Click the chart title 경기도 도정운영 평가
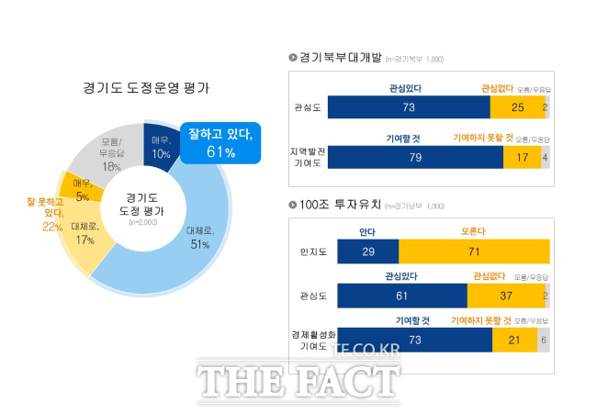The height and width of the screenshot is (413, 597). [x=146, y=89]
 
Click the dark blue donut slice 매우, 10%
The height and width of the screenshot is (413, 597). [x=161, y=146]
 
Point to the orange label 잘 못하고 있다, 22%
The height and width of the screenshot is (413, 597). [x=46, y=213]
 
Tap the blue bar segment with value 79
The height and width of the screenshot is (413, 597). [x=415, y=157]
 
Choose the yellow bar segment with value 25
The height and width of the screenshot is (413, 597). [x=516, y=107]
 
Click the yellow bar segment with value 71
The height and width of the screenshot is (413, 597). [x=474, y=252]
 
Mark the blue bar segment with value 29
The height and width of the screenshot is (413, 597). [x=368, y=252]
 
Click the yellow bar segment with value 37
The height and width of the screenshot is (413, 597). [x=504, y=295]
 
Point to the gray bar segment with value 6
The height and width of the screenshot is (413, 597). [x=545, y=340]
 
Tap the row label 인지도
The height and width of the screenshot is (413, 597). [x=309, y=252]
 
